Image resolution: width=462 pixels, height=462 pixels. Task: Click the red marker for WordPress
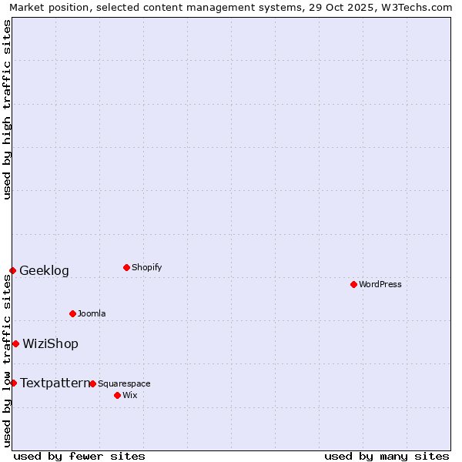click(353, 284)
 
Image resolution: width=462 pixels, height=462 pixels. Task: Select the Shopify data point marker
click(126, 267)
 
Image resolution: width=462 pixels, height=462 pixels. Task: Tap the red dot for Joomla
click(72, 313)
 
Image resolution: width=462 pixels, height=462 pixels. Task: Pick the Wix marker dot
click(117, 395)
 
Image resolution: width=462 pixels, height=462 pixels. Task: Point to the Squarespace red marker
click(92, 383)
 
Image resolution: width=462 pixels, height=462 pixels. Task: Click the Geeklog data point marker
click(12, 270)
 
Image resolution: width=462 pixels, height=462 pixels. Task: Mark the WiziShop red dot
click(15, 343)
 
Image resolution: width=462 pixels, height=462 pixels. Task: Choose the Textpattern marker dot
click(13, 383)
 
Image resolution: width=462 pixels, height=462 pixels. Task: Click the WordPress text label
click(380, 284)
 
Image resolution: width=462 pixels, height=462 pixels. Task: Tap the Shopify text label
click(147, 267)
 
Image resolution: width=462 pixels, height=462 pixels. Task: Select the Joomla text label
click(92, 313)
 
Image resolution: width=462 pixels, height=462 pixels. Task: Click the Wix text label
click(129, 395)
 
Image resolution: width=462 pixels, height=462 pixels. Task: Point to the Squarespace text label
click(124, 383)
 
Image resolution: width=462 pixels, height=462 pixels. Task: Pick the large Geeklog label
click(44, 270)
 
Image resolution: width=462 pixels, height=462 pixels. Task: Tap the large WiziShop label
click(50, 343)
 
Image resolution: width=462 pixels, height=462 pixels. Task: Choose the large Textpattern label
click(55, 383)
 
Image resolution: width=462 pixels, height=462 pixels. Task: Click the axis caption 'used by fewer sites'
click(79, 456)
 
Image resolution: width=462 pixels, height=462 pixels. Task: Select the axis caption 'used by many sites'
click(387, 456)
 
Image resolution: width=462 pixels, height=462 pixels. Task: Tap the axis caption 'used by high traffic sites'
click(7, 109)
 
